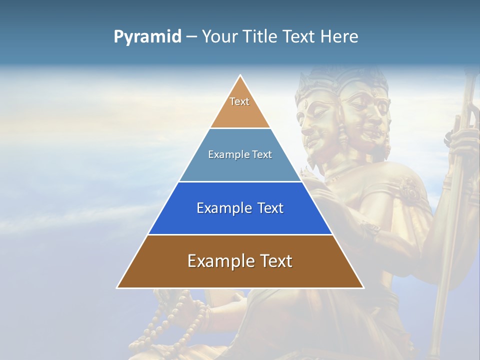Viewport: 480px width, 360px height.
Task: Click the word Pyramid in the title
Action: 147,37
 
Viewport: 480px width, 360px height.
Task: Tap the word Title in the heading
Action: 260,37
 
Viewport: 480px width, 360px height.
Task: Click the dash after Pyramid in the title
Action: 191,37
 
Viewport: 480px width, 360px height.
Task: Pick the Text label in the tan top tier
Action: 239,101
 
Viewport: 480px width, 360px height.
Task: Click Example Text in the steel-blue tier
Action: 240,154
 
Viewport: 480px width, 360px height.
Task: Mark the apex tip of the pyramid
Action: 240,75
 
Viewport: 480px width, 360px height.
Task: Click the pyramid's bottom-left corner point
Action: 117,288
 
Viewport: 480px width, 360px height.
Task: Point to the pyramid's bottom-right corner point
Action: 363,288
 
